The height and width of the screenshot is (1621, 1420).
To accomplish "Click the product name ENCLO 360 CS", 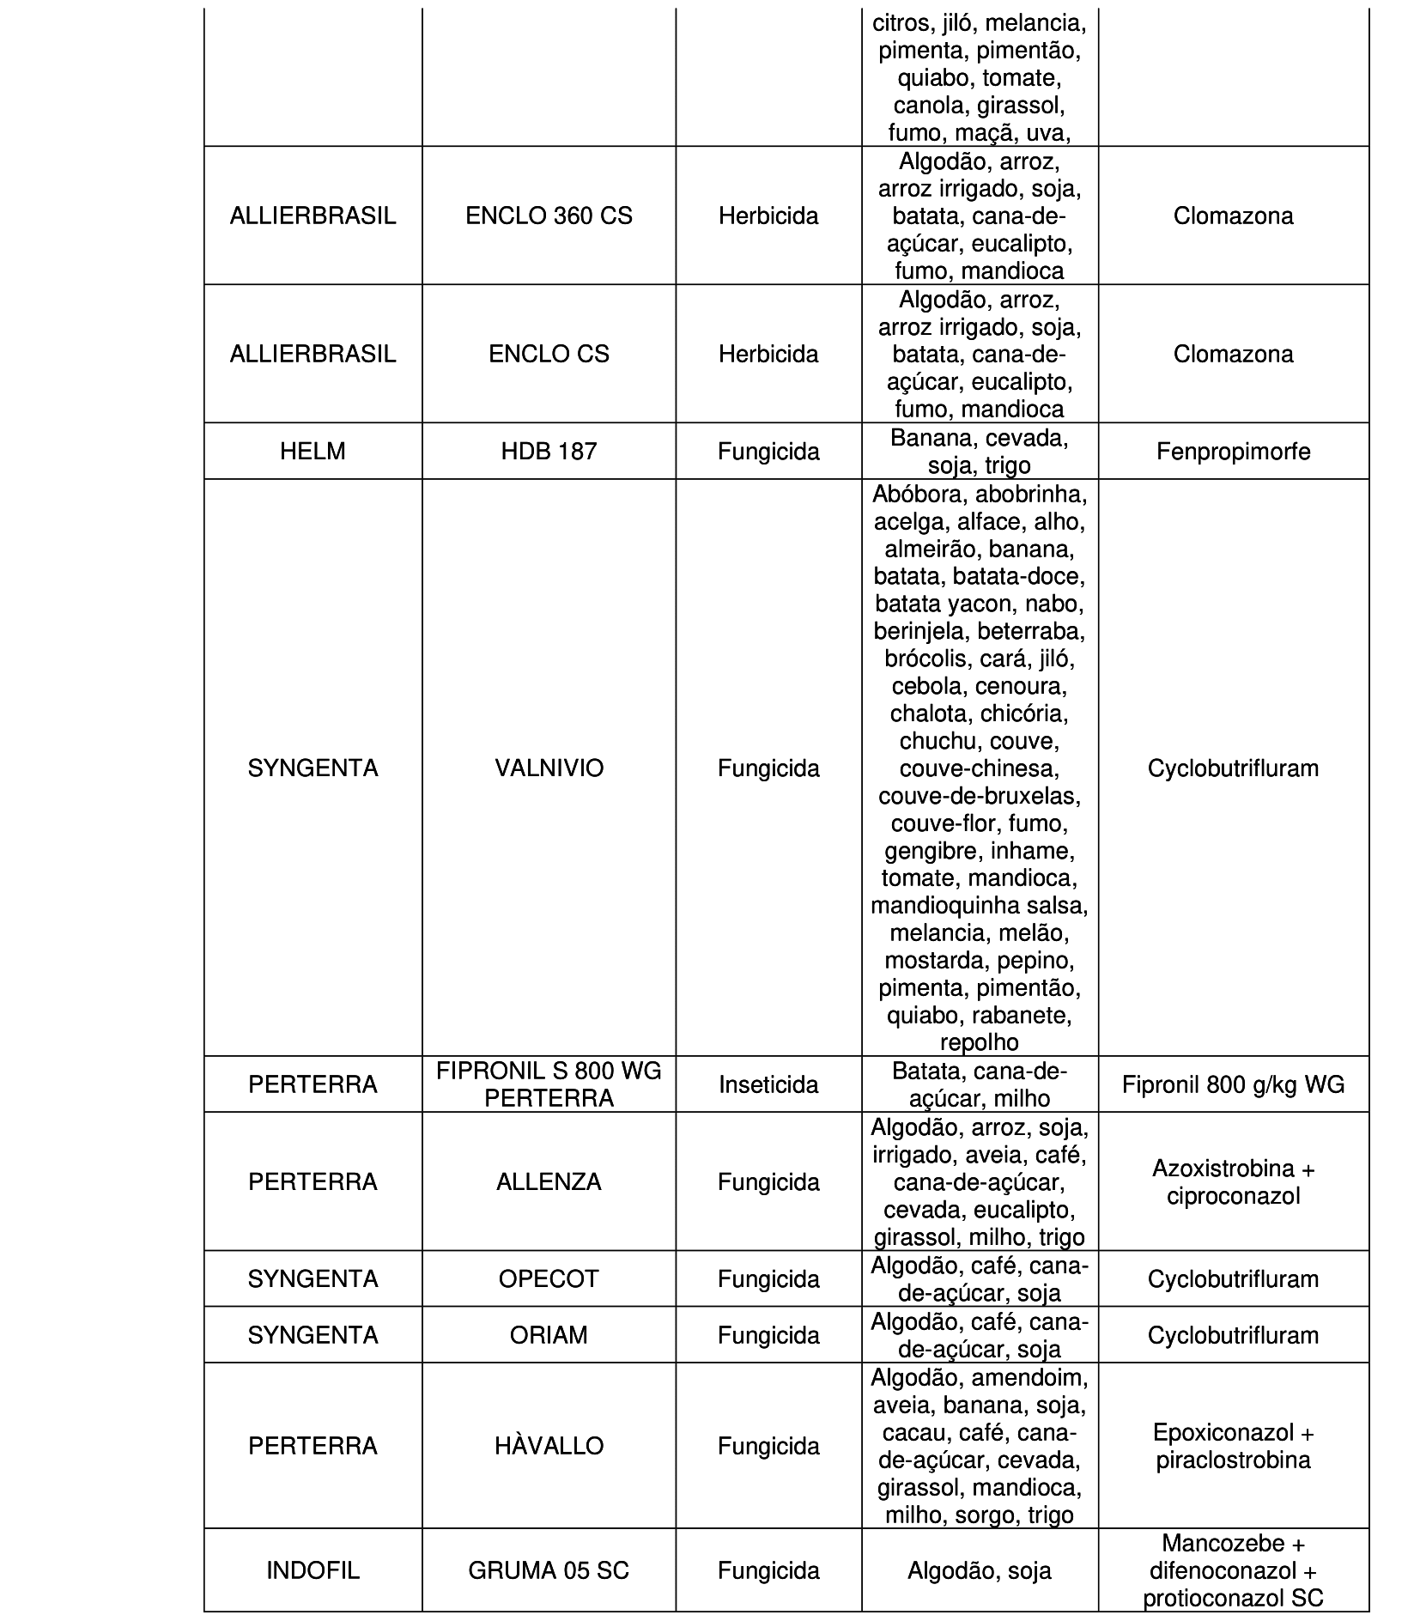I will click(549, 216).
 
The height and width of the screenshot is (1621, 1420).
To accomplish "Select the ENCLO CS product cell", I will click(549, 354).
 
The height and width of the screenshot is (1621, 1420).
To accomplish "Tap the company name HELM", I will click(313, 452).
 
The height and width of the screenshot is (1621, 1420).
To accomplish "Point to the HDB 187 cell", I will click(549, 452).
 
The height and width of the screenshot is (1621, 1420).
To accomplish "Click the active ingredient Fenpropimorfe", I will click(1233, 452).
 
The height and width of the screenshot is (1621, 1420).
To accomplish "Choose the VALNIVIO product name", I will click(549, 768).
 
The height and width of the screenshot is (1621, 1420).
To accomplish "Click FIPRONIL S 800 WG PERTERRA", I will click(549, 1084).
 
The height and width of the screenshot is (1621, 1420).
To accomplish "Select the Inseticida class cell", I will click(768, 1084).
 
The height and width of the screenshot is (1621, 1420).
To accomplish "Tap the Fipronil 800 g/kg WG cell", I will click(1233, 1084).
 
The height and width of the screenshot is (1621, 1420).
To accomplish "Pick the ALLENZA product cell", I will click(549, 1181).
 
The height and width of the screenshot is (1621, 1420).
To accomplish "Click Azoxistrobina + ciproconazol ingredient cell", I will click(1233, 1181).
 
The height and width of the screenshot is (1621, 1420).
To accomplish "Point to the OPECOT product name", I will click(549, 1278).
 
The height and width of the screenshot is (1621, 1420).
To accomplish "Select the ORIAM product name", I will click(549, 1335).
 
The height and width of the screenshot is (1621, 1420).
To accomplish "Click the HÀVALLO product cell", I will click(549, 1446).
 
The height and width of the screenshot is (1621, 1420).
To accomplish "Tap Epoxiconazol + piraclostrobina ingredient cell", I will click(1233, 1446).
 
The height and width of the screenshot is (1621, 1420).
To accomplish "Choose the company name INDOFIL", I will click(313, 1570).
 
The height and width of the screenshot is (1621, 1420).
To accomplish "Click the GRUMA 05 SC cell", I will click(549, 1570).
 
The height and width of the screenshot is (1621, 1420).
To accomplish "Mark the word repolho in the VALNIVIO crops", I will click(979, 1042).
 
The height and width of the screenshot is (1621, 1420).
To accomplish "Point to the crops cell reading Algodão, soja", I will click(979, 1570).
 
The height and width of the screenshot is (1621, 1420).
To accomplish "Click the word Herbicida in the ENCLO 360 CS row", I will click(768, 216).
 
